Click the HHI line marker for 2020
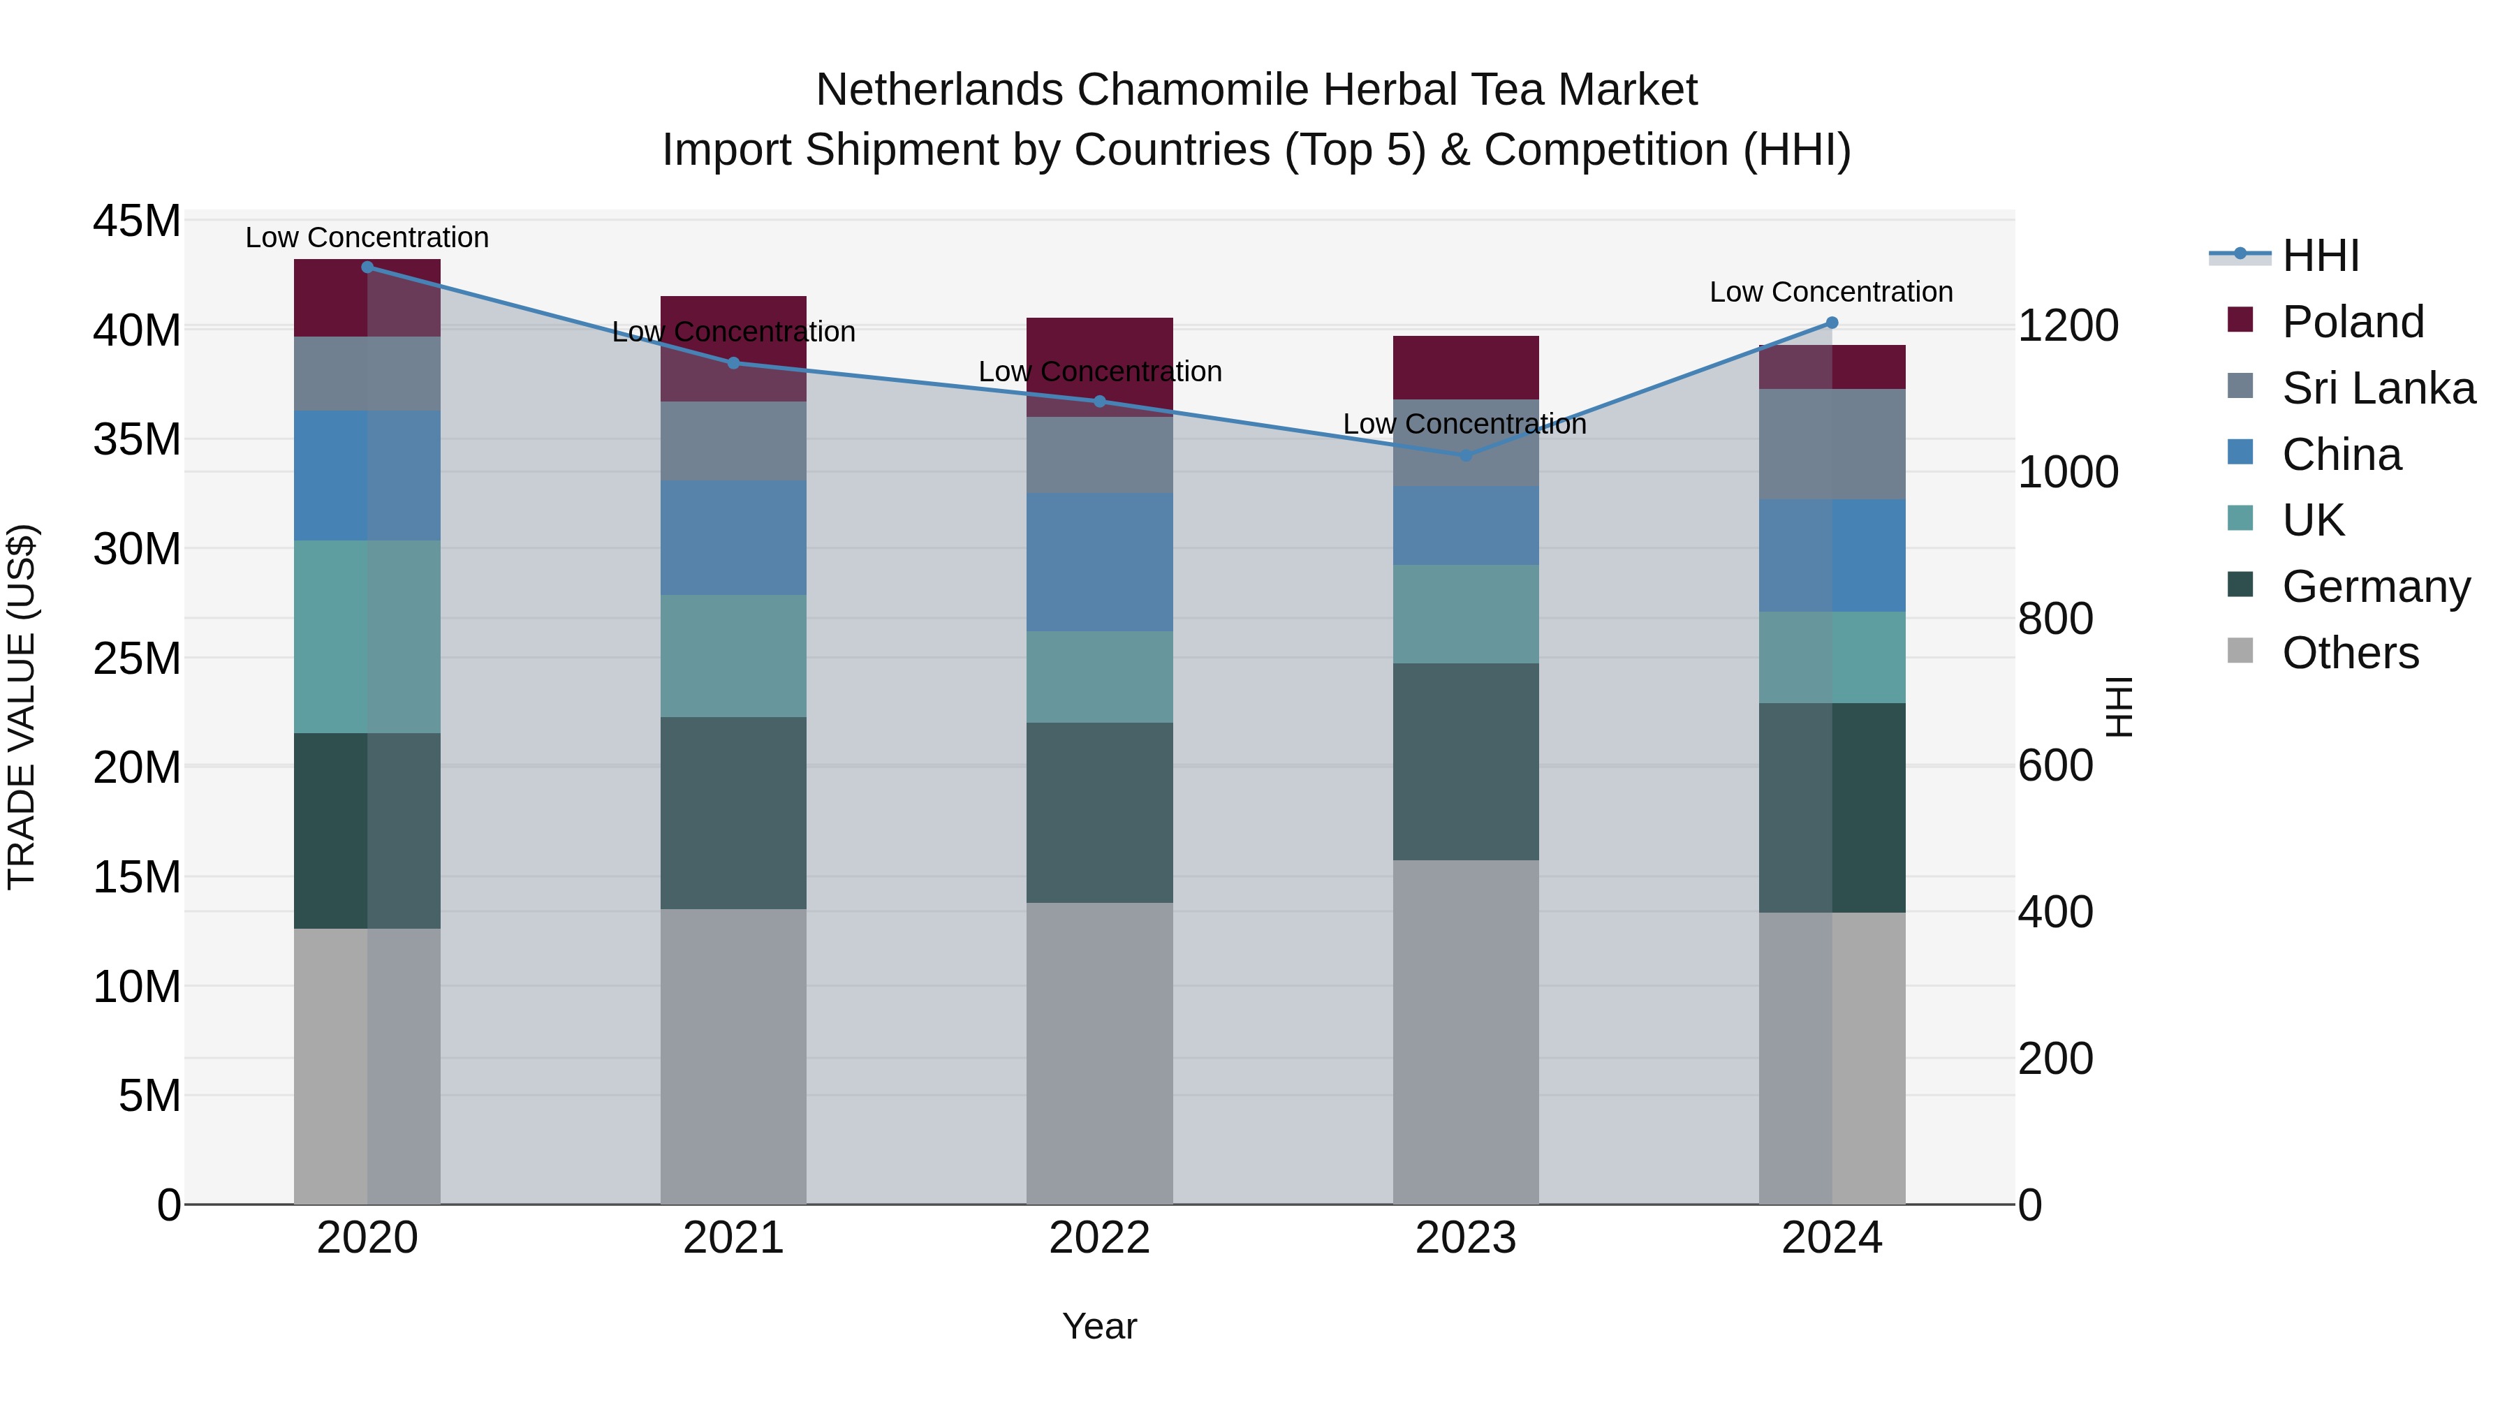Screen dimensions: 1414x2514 coord(367,267)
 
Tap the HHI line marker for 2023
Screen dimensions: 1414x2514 coord(1465,455)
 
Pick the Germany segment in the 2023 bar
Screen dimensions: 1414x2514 coord(1465,761)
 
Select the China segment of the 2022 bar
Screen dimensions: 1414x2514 coord(1099,562)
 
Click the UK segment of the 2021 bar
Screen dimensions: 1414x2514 coord(733,656)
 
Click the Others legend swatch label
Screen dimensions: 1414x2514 coord(2350,653)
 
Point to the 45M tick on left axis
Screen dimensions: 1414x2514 coord(137,221)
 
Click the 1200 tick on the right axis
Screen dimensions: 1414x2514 coord(2067,326)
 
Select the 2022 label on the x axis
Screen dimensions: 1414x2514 coord(1099,1238)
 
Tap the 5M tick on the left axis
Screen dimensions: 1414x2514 coord(149,1096)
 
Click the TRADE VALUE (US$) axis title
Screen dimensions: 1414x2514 coord(22,707)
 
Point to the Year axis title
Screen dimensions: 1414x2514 coord(1099,1326)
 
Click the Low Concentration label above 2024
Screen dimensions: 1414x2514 coord(1831,292)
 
